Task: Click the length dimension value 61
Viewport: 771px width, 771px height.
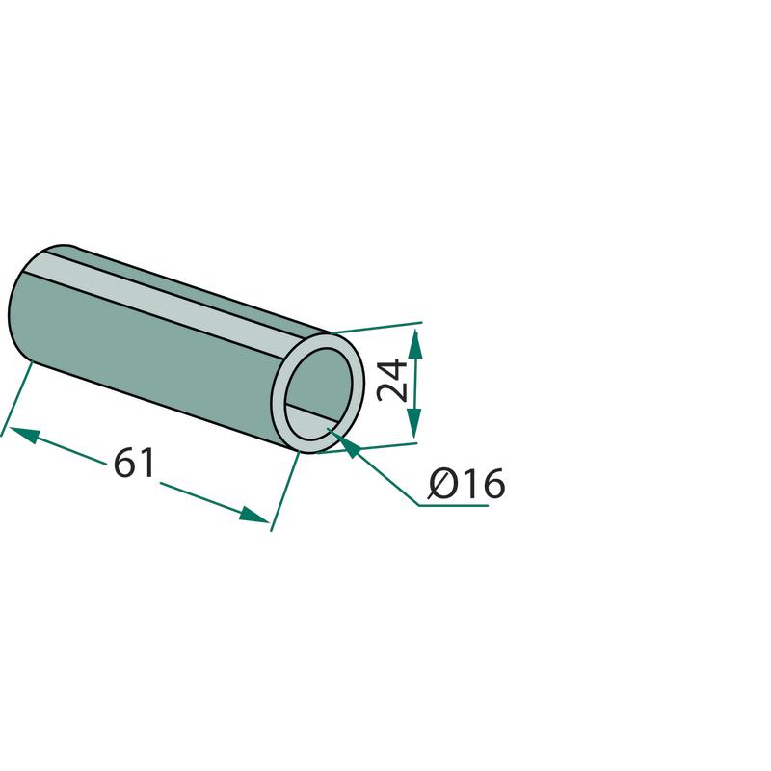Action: click(x=134, y=463)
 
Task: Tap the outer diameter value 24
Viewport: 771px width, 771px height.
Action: click(x=391, y=381)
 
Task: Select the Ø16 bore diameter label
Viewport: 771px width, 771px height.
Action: click(x=466, y=484)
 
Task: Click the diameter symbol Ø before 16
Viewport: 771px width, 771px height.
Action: click(x=442, y=484)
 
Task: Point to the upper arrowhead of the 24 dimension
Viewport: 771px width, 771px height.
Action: click(x=415, y=343)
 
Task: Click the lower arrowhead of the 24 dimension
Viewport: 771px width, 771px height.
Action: click(x=414, y=423)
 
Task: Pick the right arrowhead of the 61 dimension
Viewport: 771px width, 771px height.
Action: click(x=253, y=515)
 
